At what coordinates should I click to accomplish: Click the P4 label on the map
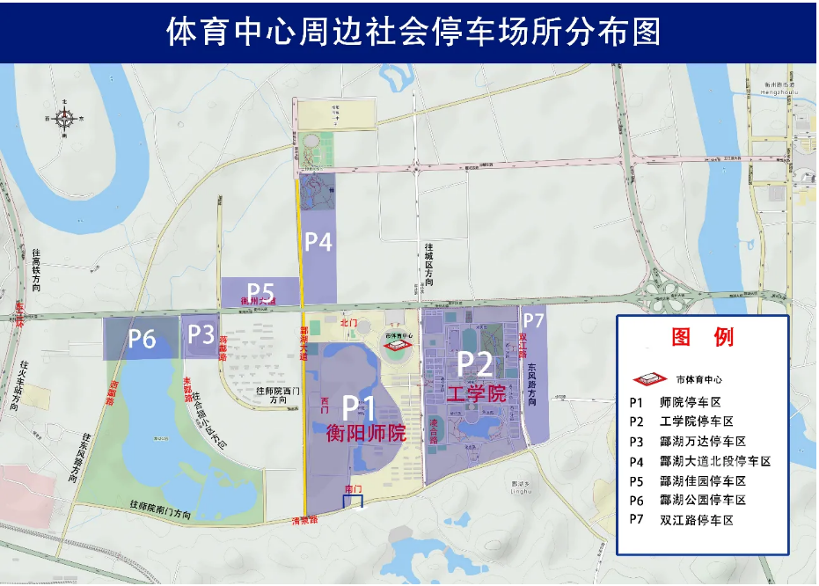point(318,242)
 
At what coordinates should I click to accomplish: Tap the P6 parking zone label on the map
point(143,338)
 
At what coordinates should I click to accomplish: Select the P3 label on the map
point(201,333)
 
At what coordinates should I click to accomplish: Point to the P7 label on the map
point(534,320)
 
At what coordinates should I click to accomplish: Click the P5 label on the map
point(260,290)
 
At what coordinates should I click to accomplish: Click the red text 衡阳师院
point(365,433)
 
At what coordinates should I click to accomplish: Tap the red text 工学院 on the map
point(476,392)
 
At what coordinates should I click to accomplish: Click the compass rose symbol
point(64,118)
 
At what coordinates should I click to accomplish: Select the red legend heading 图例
point(702,337)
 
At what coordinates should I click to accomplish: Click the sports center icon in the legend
point(649,379)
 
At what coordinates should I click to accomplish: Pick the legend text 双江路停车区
point(696,520)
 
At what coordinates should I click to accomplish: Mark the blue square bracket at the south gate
point(352,501)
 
